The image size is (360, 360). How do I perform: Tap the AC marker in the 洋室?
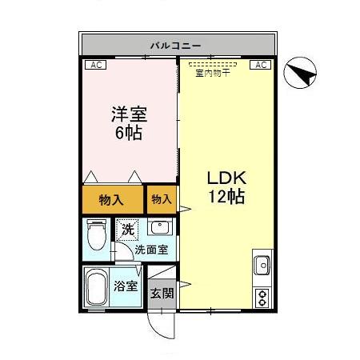[x=94, y=66]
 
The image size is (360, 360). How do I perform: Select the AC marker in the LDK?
[x=262, y=66]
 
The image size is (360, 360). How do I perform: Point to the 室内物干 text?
[x=213, y=74]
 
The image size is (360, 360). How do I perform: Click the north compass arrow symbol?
[x=302, y=76]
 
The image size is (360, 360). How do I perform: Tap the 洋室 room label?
[x=128, y=114]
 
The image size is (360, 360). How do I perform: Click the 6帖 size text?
[x=128, y=134]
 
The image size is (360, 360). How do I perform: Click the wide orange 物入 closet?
[x=110, y=201]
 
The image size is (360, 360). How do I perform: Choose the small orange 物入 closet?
[x=161, y=199]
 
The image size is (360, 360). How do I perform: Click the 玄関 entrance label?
[x=162, y=293]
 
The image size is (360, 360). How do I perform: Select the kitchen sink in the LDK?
[x=262, y=263]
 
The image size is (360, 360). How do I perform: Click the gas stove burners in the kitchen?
[x=262, y=297]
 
